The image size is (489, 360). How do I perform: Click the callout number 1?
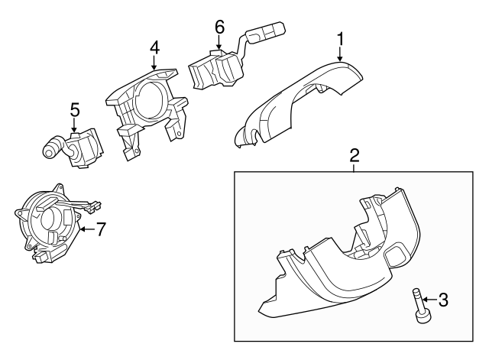341,37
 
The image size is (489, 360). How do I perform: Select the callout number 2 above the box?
355,156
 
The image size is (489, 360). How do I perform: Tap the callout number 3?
442,300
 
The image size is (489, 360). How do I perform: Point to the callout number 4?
154,47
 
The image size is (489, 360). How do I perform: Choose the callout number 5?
74,110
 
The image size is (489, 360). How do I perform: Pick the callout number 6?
219,25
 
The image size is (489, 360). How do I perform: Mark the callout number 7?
101,228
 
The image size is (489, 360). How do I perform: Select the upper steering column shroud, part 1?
306,99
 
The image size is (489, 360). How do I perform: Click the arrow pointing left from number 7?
86,228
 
